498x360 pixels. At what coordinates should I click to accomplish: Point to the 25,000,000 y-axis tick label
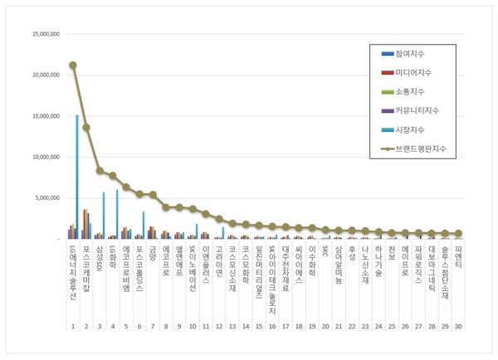tap(41, 34)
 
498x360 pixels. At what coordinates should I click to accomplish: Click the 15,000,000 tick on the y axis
tap(41, 115)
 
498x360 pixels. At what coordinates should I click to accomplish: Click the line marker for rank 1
tap(73, 65)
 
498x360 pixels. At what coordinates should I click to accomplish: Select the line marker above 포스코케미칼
tap(86, 127)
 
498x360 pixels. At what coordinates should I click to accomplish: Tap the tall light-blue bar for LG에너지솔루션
tap(77, 177)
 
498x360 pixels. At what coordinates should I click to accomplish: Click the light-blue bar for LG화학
tap(117, 214)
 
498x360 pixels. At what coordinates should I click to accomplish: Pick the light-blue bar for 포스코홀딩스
tap(144, 225)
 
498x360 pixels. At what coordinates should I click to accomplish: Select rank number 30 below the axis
tap(458, 327)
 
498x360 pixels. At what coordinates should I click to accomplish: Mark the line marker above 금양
tap(153, 194)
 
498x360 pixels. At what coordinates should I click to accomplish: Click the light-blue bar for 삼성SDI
tap(104, 216)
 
